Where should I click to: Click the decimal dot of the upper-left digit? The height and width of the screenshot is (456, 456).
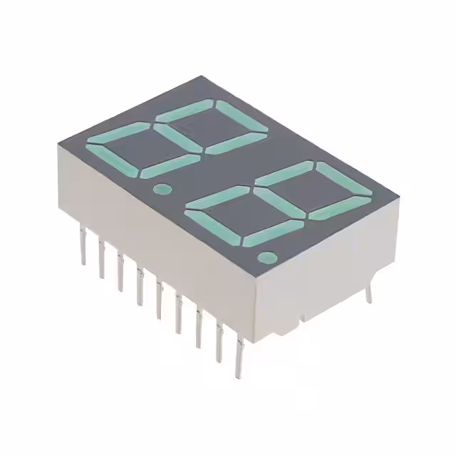pos(162,190)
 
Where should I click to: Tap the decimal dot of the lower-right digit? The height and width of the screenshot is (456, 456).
pos(267,257)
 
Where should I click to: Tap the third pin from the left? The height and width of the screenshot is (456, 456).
pos(120,271)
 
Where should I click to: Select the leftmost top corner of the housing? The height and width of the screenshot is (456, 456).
pos(58,142)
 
